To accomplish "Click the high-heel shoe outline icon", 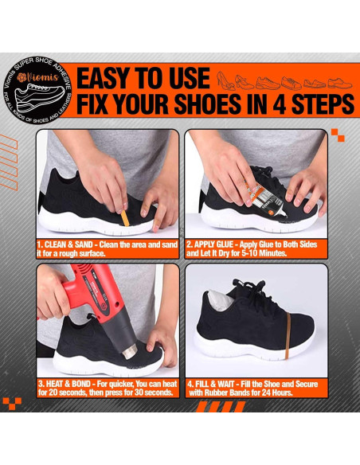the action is [225, 80].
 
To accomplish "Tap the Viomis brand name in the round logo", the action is [38, 78].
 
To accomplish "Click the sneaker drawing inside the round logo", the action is [40, 96].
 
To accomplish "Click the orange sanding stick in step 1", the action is [125, 218].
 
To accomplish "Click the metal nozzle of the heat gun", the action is [130, 351].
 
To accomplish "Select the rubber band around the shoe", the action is [288, 336].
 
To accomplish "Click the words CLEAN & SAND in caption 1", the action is [68, 244].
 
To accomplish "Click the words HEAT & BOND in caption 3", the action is [68, 384].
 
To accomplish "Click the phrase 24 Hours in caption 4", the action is [276, 393].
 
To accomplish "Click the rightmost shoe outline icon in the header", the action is [340, 83].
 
